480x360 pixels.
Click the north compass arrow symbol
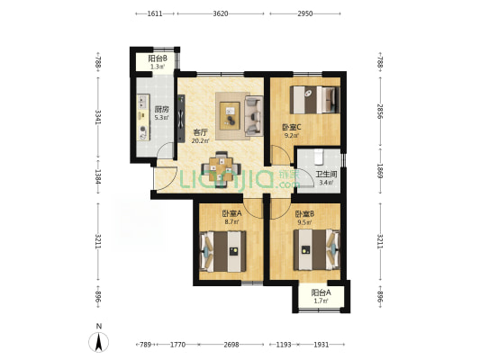tap(98, 343)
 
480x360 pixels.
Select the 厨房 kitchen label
tap(162, 109)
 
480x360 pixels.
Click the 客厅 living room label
tap(201, 132)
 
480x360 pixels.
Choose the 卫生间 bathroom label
tap(326, 175)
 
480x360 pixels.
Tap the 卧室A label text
tap(232, 213)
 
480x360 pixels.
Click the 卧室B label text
tap(304, 213)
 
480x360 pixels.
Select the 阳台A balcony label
tap(321, 292)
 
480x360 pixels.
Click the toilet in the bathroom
tap(319, 156)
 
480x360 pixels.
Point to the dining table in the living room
tap(221, 169)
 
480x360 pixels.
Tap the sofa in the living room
tap(254, 116)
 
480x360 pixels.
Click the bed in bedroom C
tap(314, 100)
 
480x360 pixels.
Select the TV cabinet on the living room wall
tap(181, 119)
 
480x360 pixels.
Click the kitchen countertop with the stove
tap(143, 118)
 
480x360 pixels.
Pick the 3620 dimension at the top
tap(221, 13)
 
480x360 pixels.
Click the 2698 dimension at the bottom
tap(231, 345)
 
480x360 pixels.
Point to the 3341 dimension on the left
tap(98, 117)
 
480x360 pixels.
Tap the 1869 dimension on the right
tap(380, 171)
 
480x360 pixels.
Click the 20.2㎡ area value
tap(201, 141)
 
